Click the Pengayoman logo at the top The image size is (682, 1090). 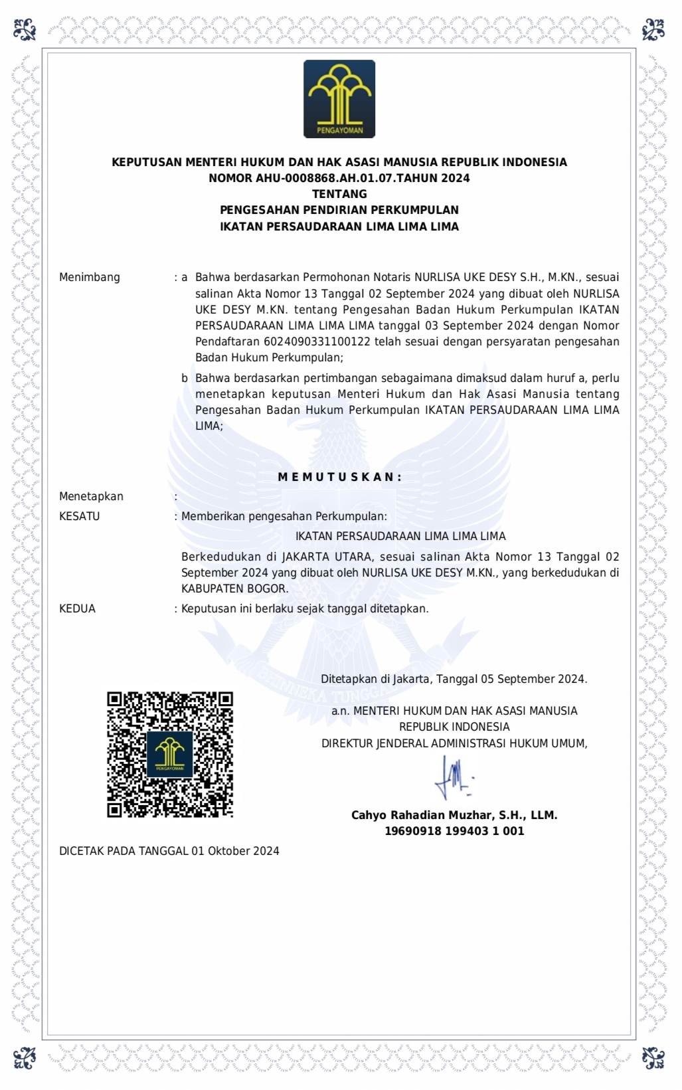pos(339,99)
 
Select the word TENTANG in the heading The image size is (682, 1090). pos(339,194)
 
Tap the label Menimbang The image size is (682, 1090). pos(90,277)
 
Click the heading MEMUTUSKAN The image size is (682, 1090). pos(339,477)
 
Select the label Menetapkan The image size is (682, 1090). pos(91,496)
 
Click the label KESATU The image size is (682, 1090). pos(79,516)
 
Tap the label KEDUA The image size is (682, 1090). pos(77,608)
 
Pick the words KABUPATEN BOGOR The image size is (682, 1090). pos(234,589)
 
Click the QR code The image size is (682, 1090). pos(170,755)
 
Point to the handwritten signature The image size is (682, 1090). pos(454,778)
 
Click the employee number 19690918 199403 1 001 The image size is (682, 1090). pos(454,831)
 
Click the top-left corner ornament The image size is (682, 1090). pos(25,29)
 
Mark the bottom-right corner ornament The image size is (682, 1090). pos(653,1057)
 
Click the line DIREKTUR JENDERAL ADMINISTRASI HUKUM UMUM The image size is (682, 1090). pos(454,743)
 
